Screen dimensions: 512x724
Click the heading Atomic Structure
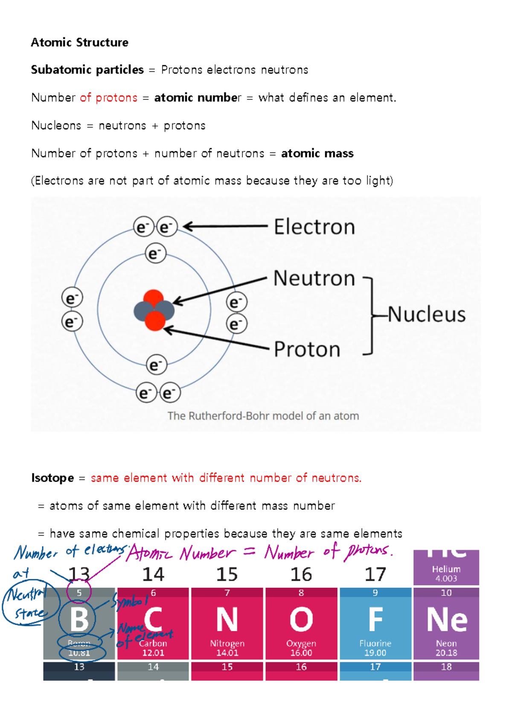80,43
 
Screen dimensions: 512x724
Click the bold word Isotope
52,478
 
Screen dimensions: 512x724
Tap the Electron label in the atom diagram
314,227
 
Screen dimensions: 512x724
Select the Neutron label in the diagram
314,278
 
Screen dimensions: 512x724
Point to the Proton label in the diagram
307,349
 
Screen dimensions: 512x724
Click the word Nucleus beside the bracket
426,315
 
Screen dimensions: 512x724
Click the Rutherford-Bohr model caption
263,416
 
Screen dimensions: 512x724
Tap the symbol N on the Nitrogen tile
227,619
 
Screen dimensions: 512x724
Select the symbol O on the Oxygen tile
301,619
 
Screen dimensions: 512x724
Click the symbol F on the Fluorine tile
375,619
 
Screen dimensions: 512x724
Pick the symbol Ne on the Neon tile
447,619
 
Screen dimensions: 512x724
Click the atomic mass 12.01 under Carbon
153,653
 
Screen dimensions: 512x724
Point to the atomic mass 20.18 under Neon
446,653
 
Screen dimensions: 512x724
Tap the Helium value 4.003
446,578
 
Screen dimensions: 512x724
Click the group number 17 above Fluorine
375,575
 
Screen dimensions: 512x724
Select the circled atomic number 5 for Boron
79,593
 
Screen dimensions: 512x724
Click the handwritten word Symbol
131,601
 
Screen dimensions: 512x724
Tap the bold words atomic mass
317,153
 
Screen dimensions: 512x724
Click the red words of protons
109,98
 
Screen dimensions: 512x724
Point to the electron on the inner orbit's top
155,254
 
